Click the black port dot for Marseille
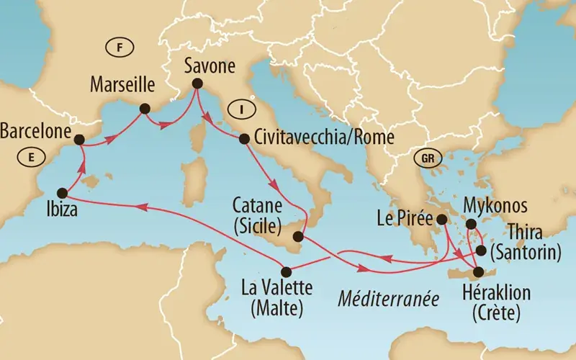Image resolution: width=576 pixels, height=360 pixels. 144,109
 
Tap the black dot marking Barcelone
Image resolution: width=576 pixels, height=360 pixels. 78,140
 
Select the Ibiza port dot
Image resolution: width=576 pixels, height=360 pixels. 62,193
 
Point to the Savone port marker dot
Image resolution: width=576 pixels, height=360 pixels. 195,86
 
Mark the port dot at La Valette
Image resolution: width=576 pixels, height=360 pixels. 286,271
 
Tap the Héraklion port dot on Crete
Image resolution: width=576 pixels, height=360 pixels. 477,271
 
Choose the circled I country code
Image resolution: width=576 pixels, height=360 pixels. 235,109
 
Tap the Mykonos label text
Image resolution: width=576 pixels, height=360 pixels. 496,204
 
